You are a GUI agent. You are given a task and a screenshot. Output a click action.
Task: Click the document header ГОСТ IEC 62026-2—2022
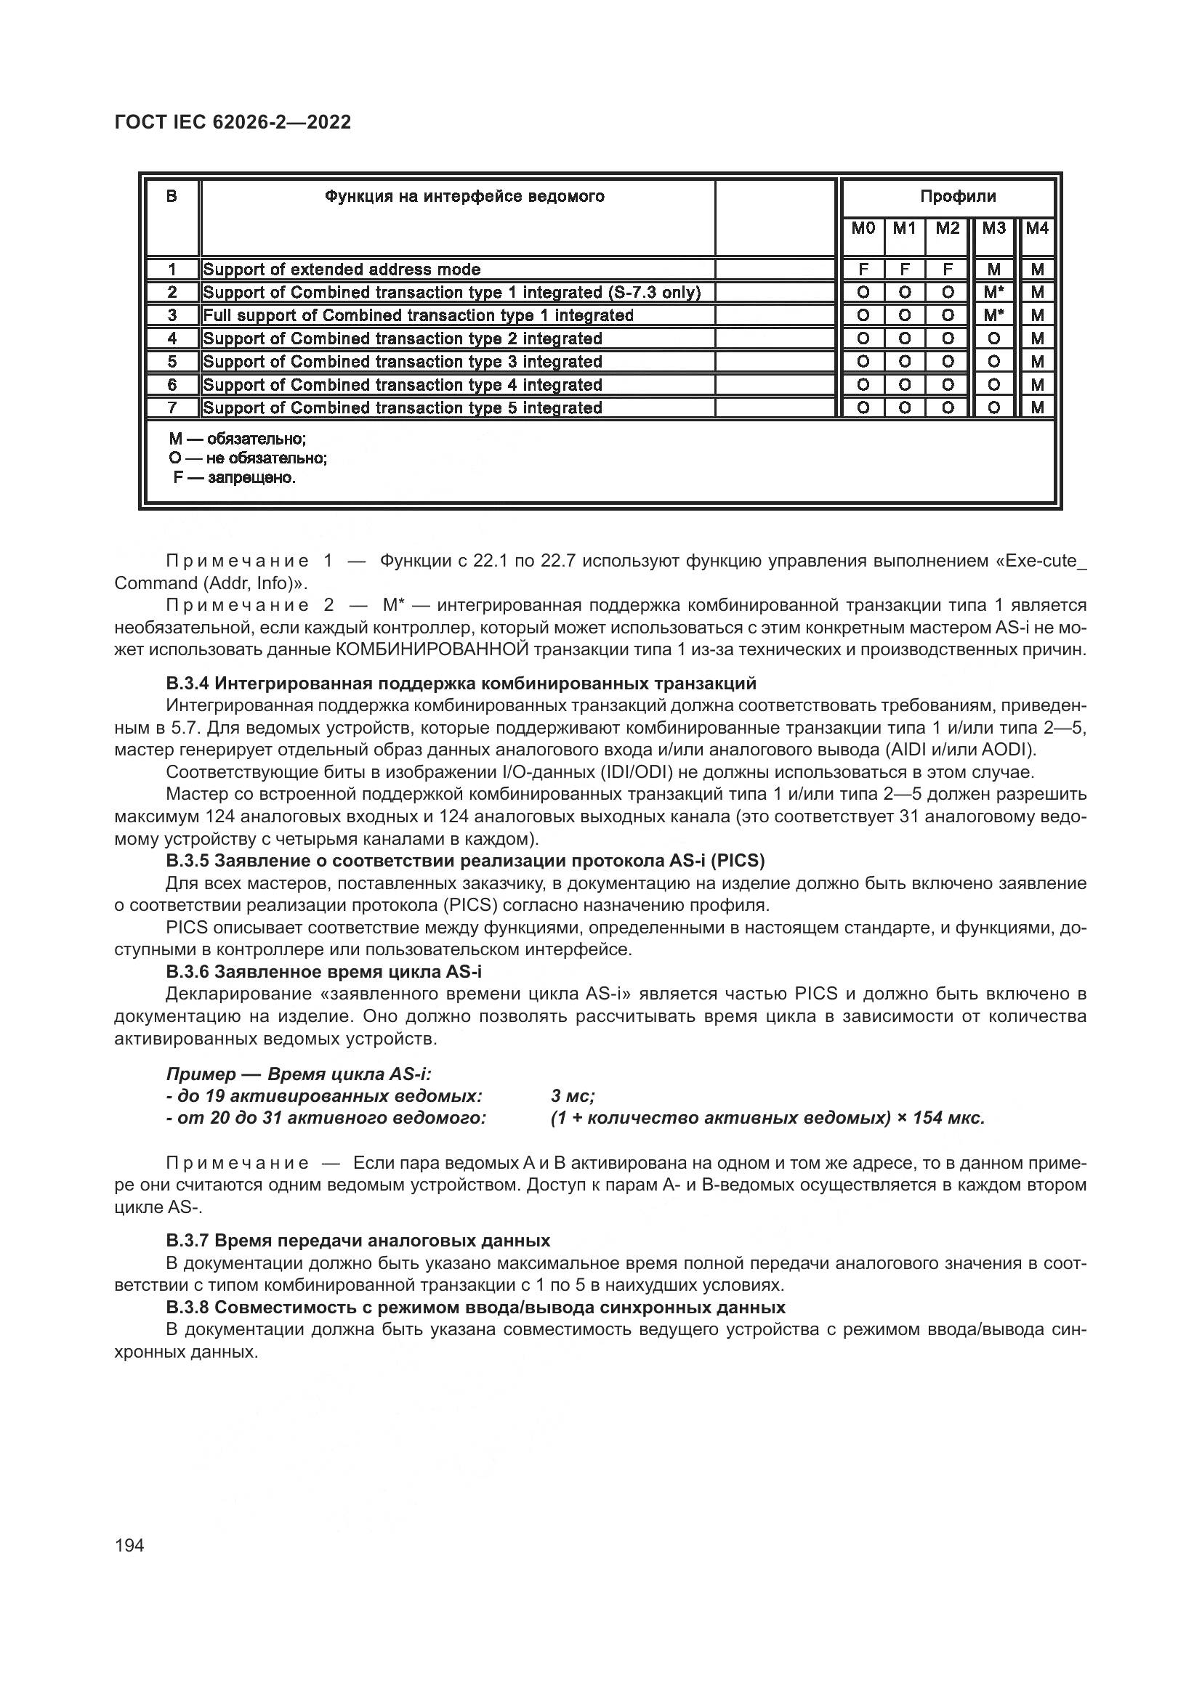coord(233,123)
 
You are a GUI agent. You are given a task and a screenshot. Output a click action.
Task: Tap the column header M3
coord(993,229)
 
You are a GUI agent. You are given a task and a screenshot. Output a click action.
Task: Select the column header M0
coord(863,229)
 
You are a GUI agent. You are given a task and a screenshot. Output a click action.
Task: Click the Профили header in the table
coord(958,197)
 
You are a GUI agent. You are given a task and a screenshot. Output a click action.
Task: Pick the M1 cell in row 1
coord(904,270)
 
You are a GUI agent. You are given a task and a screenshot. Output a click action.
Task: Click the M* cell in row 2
coord(993,293)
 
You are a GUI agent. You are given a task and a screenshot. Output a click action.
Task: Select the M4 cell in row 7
coord(1037,407)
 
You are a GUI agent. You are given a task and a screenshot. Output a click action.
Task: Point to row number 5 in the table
coord(172,362)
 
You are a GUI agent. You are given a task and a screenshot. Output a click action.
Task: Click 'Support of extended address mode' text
coord(342,270)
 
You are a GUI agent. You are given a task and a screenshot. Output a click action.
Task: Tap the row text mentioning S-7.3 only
coord(451,293)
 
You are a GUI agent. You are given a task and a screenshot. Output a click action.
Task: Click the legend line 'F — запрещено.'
coord(234,478)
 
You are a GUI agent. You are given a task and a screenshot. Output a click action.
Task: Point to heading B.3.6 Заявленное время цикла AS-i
coord(323,972)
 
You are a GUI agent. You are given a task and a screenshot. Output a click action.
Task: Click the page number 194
coord(129,1545)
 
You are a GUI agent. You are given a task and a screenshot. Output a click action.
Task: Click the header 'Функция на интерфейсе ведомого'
coord(464,197)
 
